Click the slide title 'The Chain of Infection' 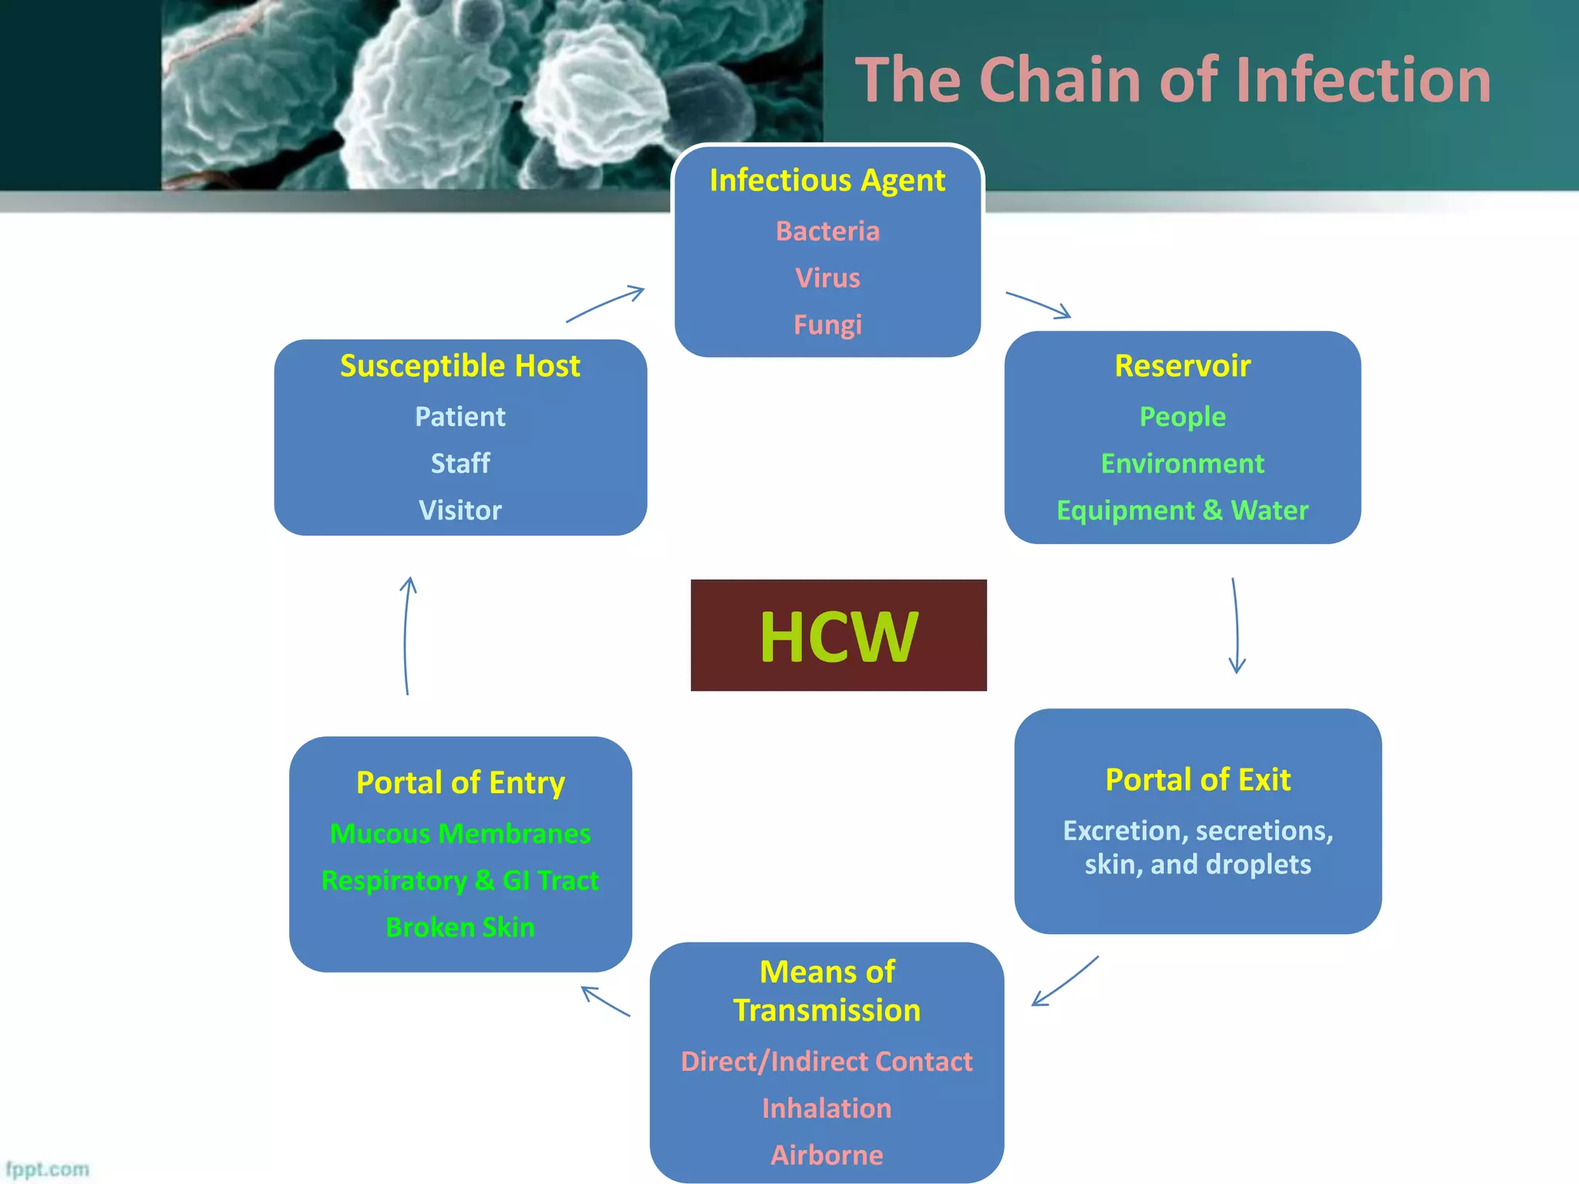tap(1173, 80)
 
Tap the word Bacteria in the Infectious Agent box tap(827, 231)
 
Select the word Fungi tap(827, 325)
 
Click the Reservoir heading tap(1182, 365)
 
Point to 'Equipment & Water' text tap(1182, 510)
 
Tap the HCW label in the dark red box tap(838, 636)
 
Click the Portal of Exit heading tap(1197, 779)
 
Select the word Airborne tap(827, 1155)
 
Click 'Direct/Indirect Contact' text tap(827, 1061)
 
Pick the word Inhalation tap(827, 1108)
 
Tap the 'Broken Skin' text tap(460, 927)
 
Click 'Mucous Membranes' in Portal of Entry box tap(460, 833)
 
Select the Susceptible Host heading tap(460, 365)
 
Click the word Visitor tap(460, 510)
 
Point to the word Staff tap(460, 463)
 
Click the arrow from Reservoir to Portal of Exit tap(1237, 626)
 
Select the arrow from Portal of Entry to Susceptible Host tap(406, 636)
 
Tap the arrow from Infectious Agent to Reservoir tap(1038, 304)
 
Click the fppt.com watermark tap(47, 1169)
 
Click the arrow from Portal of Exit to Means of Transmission tap(1065, 981)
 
